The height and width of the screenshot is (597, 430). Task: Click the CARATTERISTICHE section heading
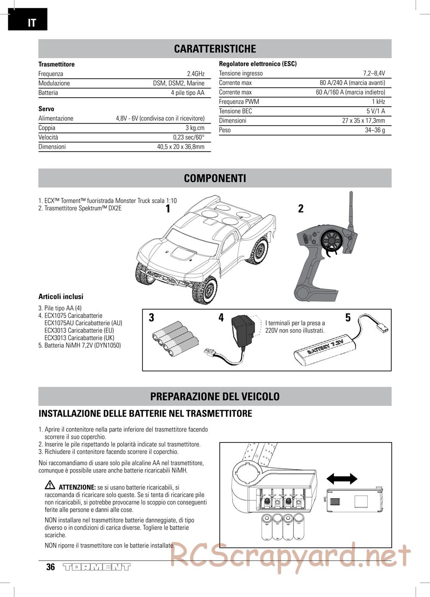coord(215,49)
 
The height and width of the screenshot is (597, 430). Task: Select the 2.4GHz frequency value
coord(195,74)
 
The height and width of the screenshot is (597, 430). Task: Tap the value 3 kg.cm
coord(195,128)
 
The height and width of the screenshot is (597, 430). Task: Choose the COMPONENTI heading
coord(215,178)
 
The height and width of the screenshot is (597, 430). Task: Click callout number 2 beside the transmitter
coord(301,209)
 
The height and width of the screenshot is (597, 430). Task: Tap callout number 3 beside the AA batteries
coord(151,318)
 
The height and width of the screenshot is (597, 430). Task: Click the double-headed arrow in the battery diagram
coord(342,479)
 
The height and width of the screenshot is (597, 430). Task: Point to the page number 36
coord(51,567)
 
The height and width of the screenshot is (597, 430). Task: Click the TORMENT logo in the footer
coord(96,567)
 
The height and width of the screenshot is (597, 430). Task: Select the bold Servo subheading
coord(46,109)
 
